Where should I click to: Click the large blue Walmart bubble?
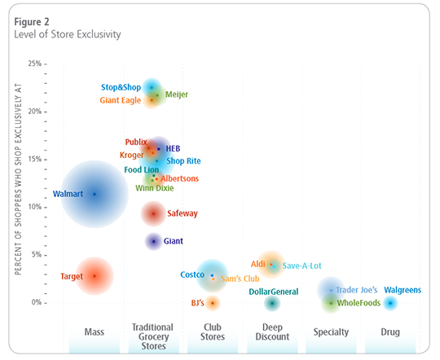pyautogui.click(x=95, y=194)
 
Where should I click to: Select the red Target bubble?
pyautogui.click(x=95, y=276)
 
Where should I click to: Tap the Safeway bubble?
pyautogui.click(x=153, y=213)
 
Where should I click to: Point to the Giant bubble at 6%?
pyautogui.click(x=153, y=241)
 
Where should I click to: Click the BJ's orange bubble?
pyautogui.click(x=213, y=303)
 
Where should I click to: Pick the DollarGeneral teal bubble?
pyautogui.click(x=272, y=303)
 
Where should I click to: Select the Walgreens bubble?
pyautogui.click(x=390, y=303)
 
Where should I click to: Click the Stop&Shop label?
pyautogui.click(x=121, y=87)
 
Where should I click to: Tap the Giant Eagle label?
pyautogui.click(x=121, y=100)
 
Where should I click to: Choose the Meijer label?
pyautogui.click(x=177, y=94)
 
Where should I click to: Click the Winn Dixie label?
pyautogui.click(x=154, y=187)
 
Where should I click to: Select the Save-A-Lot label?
pyautogui.click(x=302, y=266)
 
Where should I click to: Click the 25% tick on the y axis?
pyautogui.click(x=34, y=64)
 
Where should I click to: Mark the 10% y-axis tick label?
pyautogui.click(x=34, y=207)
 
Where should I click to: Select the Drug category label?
pyautogui.click(x=390, y=331)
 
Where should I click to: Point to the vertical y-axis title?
pyautogui.click(x=17, y=184)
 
